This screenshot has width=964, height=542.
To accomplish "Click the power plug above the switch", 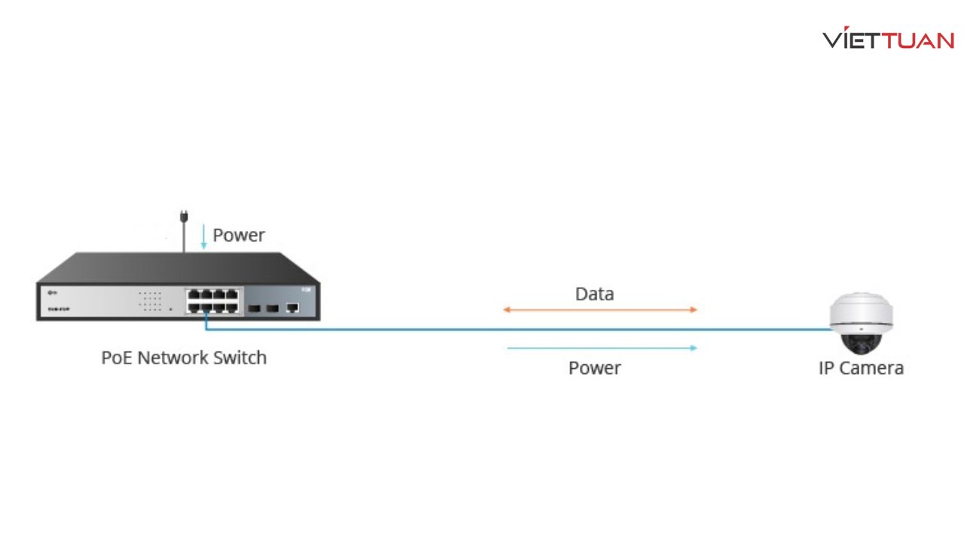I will click(184, 218).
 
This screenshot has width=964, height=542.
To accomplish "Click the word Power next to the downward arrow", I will click(239, 235).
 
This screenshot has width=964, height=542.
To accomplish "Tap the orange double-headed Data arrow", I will click(600, 309).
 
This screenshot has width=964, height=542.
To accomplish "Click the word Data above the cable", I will click(594, 294).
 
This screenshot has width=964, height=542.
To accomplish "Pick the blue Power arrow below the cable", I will click(602, 348).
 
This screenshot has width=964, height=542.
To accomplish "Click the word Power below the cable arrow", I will click(594, 368).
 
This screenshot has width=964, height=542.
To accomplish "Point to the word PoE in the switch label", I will click(117, 357).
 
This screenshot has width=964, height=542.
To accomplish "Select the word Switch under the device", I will click(239, 357).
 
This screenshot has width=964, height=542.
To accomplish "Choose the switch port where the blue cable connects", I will click(206, 307).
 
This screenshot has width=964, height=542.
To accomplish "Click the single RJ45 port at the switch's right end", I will click(293, 307).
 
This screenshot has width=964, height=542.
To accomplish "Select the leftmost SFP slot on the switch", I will click(254, 308).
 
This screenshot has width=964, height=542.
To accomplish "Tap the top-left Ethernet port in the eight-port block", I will click(194, 294).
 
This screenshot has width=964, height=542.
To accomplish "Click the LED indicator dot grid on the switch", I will click(150, 300).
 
